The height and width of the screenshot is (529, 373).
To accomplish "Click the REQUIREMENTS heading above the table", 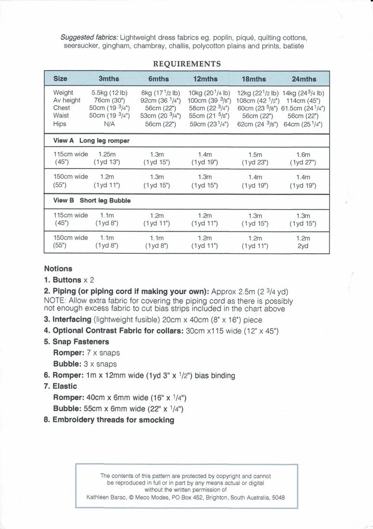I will coord(186,64).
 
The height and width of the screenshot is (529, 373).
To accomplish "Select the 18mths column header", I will coord(253,79).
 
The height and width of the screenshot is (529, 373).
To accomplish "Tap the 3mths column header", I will coord(109,79).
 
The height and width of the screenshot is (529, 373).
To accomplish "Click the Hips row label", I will coord(60,124).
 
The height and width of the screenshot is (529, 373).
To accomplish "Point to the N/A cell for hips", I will coord(109,124).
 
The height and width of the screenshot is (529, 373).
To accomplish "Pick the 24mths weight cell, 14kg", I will coord(303,93).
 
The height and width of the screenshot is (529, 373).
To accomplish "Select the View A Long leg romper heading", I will coord(91,141).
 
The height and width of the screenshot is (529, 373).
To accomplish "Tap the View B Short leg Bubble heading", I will coord(92,200).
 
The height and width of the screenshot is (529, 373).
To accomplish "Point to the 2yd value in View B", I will coord(303,246).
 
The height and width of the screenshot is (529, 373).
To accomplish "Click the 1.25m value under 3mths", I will coord(107,155).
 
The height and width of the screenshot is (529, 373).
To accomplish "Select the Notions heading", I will coord(58,269).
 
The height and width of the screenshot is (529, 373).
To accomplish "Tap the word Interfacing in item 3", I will coord(72,319).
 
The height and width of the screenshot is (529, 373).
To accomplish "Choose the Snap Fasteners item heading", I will coord(81,342).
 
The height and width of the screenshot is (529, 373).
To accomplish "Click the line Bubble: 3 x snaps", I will coord(85,364).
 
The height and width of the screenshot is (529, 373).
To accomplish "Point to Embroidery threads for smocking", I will coord(113,420).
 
